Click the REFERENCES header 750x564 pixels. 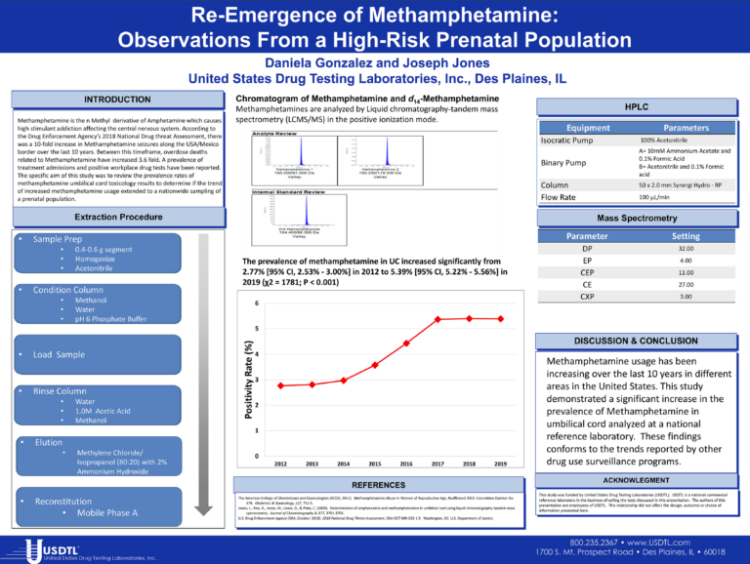point(378,485)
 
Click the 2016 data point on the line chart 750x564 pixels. point(406,343)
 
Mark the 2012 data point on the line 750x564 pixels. point(281,385)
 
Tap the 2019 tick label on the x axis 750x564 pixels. point(500,464)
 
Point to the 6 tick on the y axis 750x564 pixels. point(256,302)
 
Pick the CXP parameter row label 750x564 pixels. point(587,296)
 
